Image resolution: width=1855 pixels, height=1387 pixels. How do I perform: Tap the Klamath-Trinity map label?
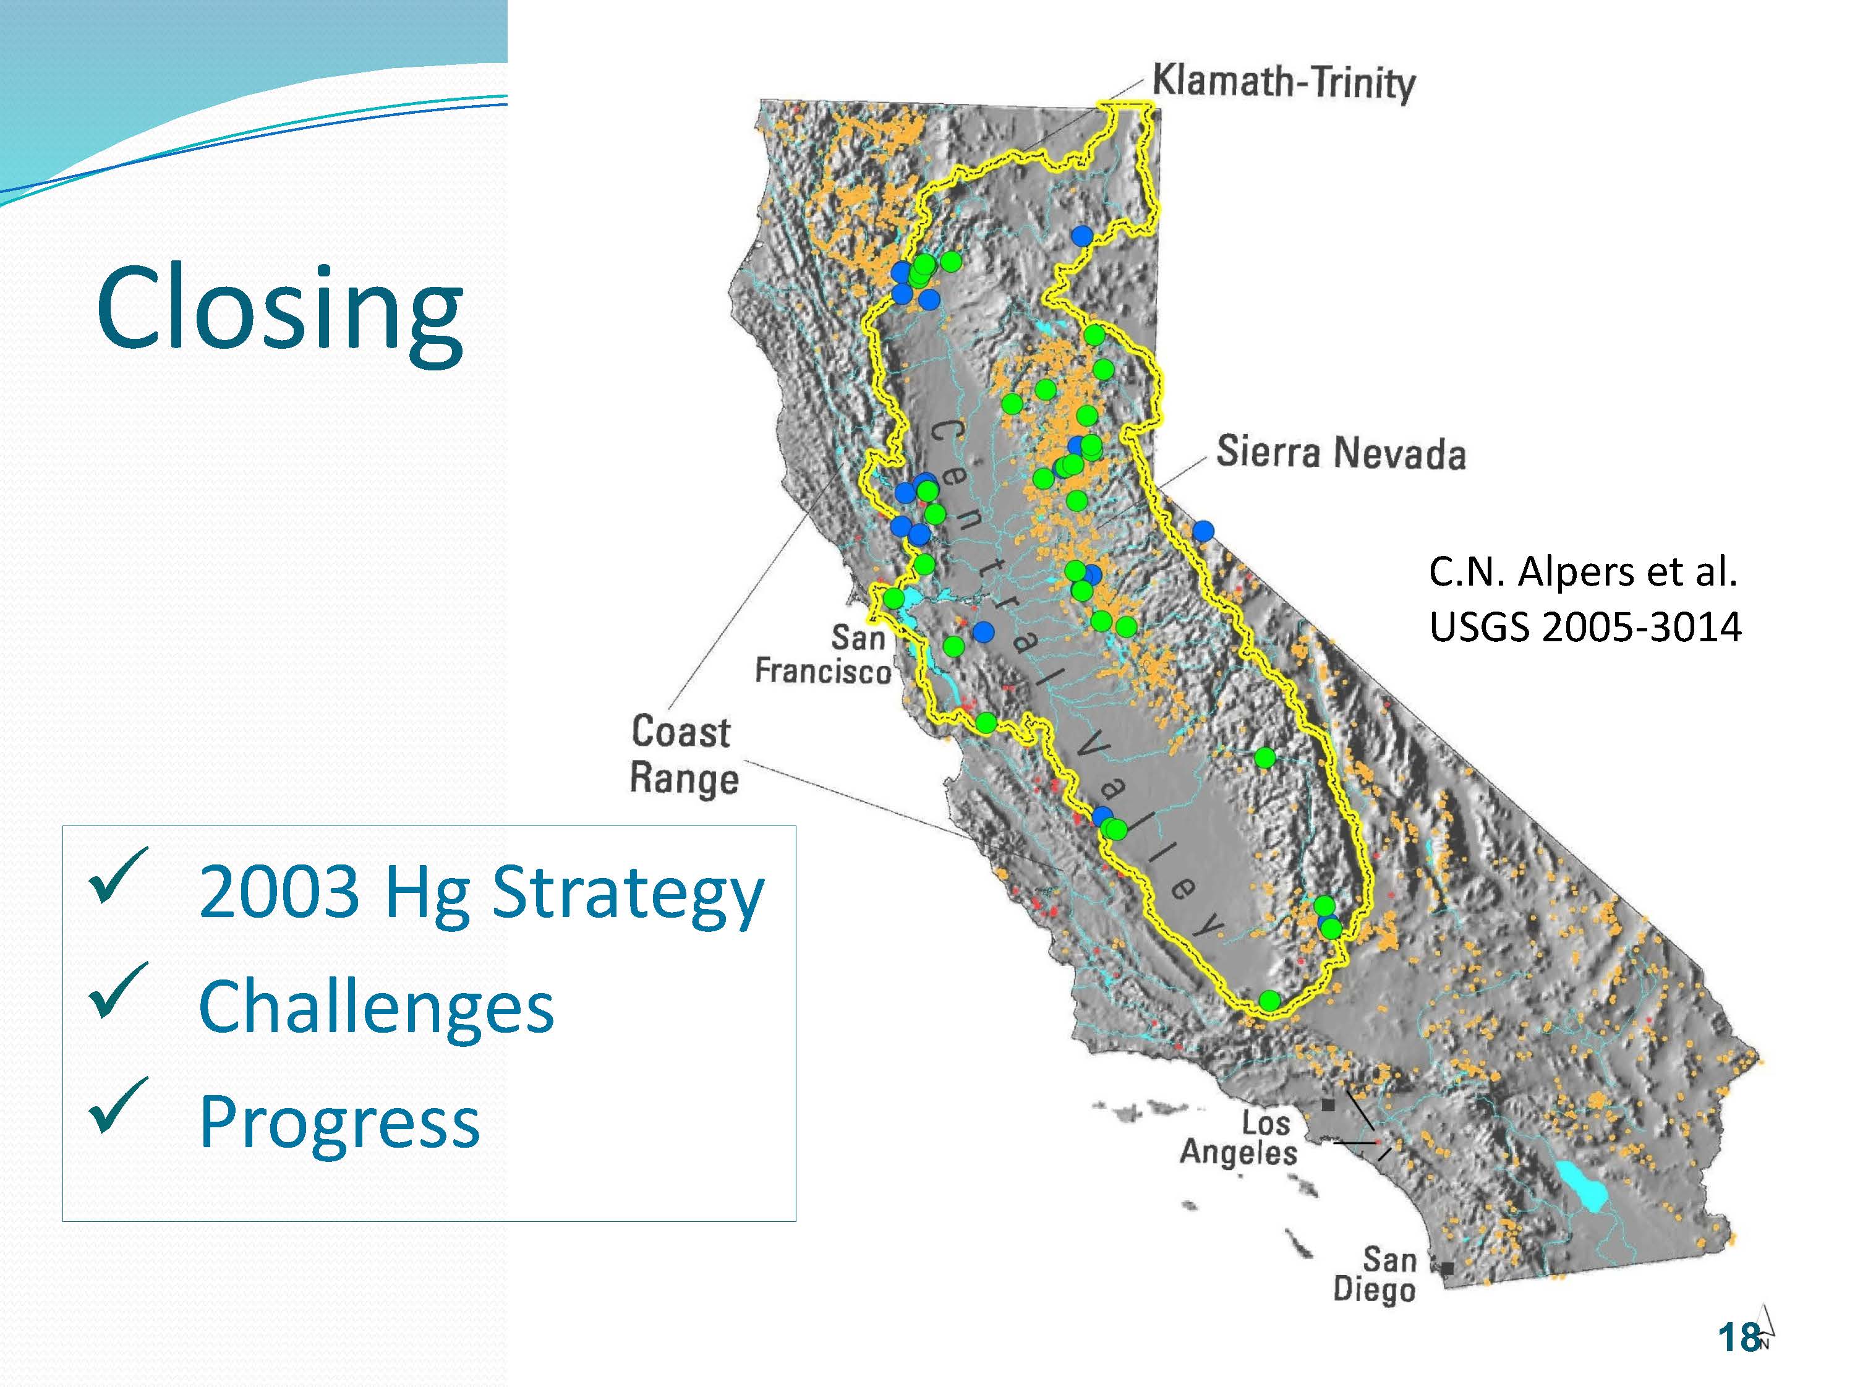click(1283, 83)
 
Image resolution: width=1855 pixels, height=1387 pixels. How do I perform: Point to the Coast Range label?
click(683, 754)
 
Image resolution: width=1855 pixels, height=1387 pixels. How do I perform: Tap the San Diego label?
click(1375, 1274)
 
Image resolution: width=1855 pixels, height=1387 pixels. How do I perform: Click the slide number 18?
click(1738, 1337)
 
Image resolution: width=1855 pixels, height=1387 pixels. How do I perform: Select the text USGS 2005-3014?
click(1585, 627)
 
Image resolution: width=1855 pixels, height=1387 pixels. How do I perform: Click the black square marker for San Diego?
click(1448, 1267)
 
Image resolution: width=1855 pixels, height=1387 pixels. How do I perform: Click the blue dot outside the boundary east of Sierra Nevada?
click(1203, 531)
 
